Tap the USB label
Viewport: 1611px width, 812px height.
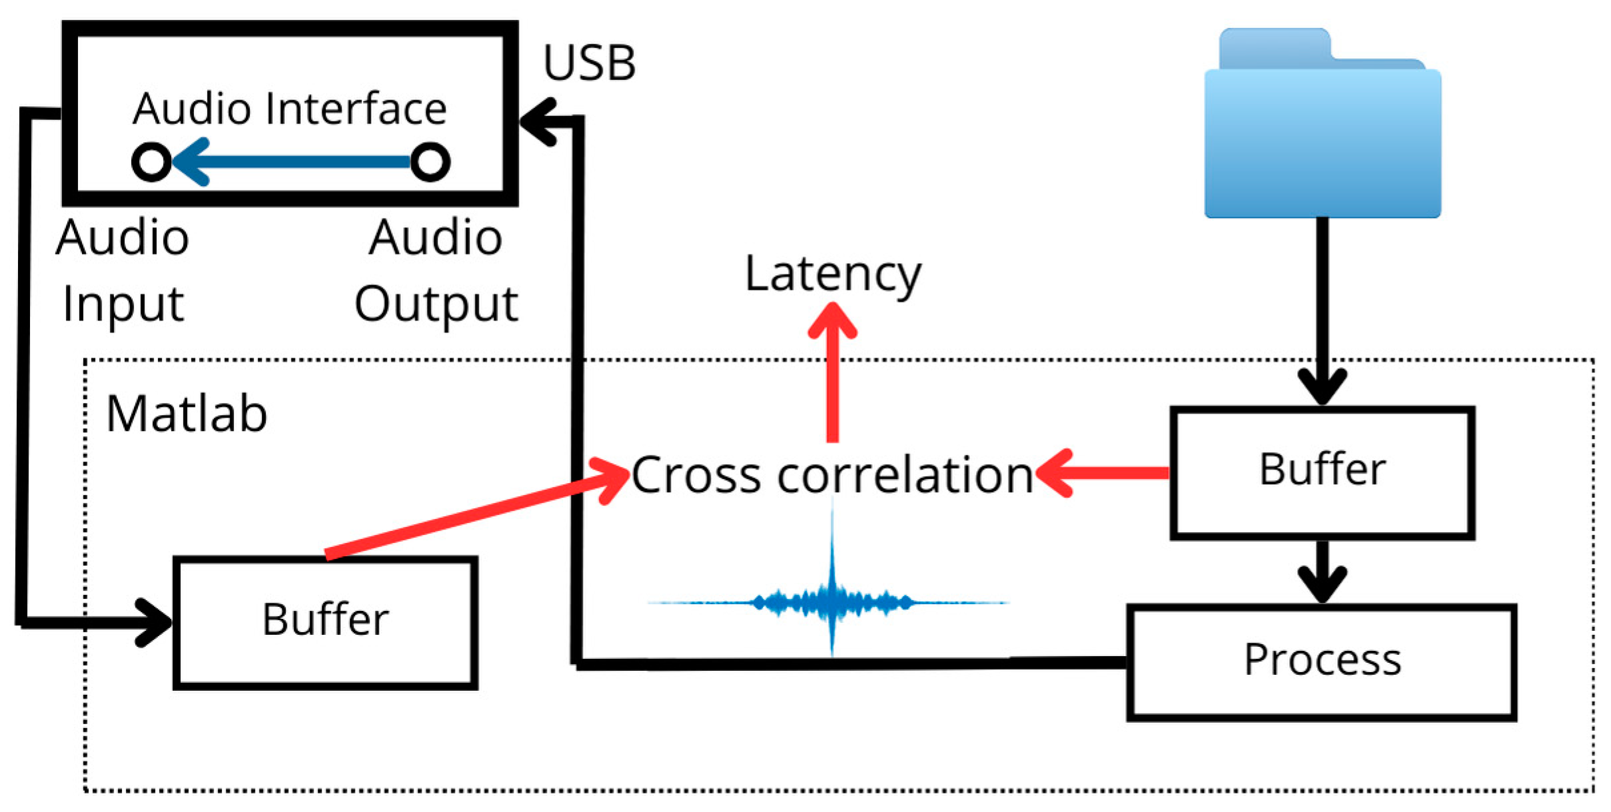(x=589, y=64)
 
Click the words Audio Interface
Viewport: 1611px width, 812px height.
(x=290, y=109)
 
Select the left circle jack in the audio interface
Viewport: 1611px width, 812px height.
(x=152, y=162)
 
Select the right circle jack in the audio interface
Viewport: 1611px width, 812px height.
(x=430, y=162)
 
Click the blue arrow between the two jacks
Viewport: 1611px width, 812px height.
(x=293, y=162)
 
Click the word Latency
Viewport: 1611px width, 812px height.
(x=833, y=274)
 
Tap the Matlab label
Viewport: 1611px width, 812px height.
(x=187, y=414)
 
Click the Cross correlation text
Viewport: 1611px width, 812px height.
(x=832, y=475)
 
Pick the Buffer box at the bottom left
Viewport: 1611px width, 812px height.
(x=325, y=621)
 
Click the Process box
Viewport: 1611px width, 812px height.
(x=1322, y=661)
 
